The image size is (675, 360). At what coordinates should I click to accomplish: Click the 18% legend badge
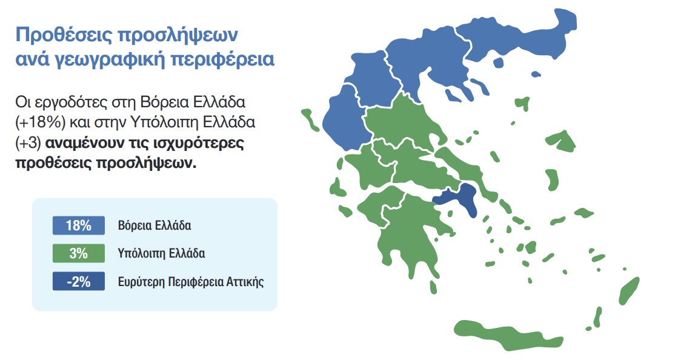coord(79,226)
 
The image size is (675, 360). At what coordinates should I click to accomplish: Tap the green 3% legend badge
coord(79,253)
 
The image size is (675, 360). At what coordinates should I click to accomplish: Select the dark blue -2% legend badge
coord(79,281)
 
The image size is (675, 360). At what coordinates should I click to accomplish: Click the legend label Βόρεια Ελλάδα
coord(155,227)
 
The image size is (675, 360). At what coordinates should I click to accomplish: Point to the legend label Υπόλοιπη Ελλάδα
coord(161,254)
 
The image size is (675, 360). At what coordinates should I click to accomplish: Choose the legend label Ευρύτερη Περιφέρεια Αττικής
coord(191,282)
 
